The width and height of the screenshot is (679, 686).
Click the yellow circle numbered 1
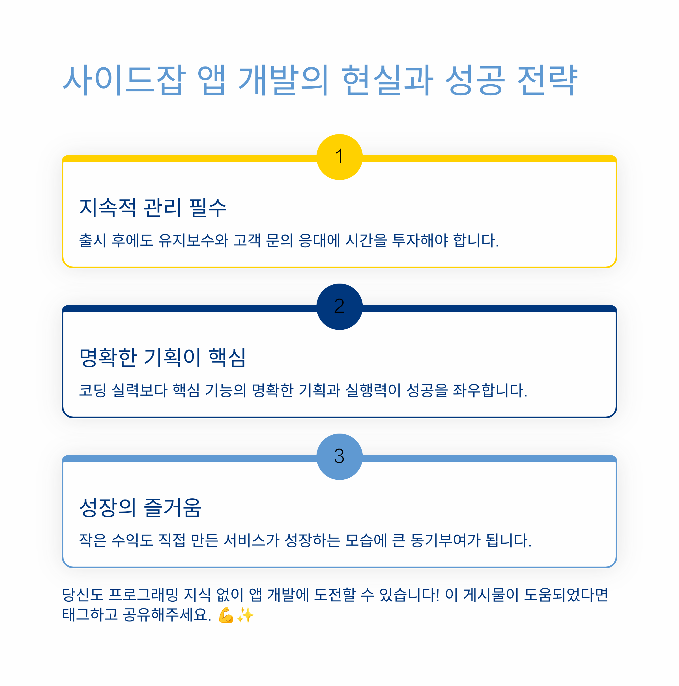(339, 157)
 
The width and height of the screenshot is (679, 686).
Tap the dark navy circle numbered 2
(339, 307)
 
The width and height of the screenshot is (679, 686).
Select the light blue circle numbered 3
(339, 456)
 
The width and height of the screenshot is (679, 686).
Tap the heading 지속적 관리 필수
(152, 208)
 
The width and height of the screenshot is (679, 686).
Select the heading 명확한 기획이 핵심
(162, 357)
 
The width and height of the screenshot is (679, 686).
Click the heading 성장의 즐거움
(140, 507)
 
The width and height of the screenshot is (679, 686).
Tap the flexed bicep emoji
(226, 615)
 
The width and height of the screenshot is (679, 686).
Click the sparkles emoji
(245, 615)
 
